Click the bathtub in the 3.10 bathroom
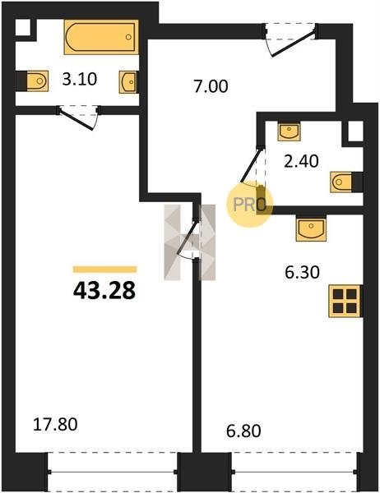101,37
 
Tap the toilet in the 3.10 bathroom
37,81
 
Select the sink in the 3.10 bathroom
128,82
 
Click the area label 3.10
79,79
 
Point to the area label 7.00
211,86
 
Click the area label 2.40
301,162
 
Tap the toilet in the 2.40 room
341,182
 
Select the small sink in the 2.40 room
289,131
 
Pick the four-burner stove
345,301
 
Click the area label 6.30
302,272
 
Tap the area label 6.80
243,431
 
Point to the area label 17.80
55,424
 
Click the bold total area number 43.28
104,291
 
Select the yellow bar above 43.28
104,270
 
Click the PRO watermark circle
249,205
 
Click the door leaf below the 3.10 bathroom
76,119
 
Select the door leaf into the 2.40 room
252,165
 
